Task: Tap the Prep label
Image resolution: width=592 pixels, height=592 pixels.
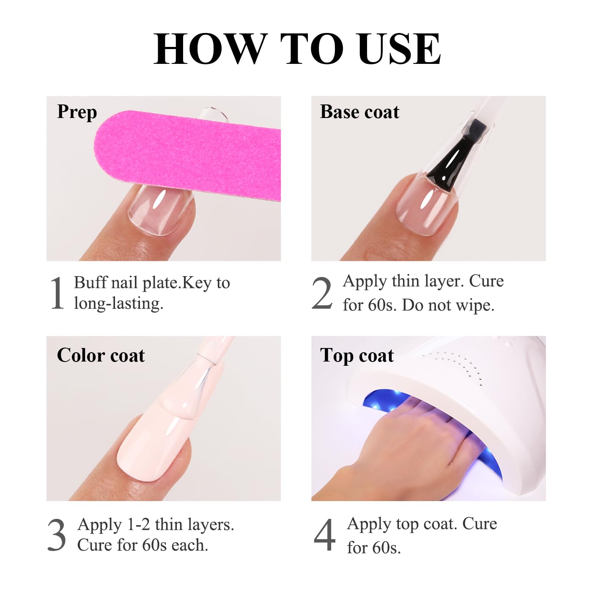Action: (77, 112)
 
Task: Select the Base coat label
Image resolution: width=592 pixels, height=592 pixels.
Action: (359, 112)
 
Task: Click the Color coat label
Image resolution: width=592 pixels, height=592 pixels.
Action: (101, 355)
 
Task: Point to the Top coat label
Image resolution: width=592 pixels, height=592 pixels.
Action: (357, 355)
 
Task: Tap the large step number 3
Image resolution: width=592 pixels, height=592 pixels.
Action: (57, 535)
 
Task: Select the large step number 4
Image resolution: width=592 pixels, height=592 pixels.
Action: (324, 535)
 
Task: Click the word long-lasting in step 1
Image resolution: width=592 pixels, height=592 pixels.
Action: (118, 304)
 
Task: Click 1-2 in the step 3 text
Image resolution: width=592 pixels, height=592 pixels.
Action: (138, 525)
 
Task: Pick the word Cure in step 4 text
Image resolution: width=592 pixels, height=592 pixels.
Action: (480, 524)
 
